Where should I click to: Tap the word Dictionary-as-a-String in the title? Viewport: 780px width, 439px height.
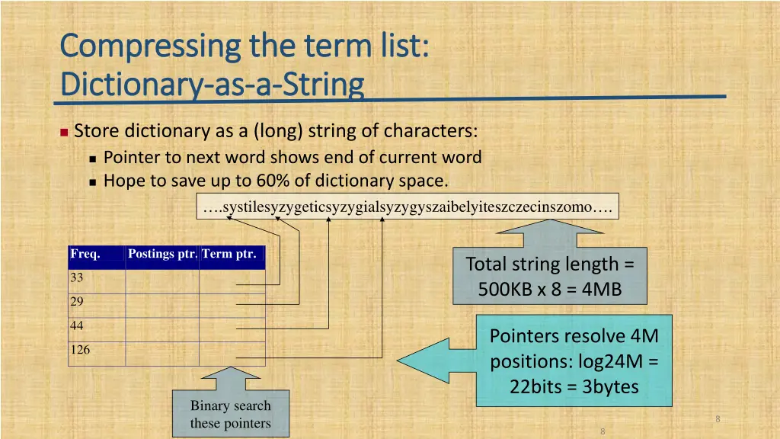click(x=211, y=83)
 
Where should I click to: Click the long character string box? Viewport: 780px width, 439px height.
click(x=408, y=206)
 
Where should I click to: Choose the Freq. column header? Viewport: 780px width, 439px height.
click(x=85, y=254)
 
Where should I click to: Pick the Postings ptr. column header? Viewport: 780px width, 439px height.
click(x=162, y=254)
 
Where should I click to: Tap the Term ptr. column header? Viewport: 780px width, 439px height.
click(x=229, y=254)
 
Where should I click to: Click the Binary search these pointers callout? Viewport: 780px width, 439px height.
click(x=231, y=415)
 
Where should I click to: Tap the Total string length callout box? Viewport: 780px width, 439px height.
click(x=550, y=276)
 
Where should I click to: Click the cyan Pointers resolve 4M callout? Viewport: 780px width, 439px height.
click(x=574, y=360)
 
